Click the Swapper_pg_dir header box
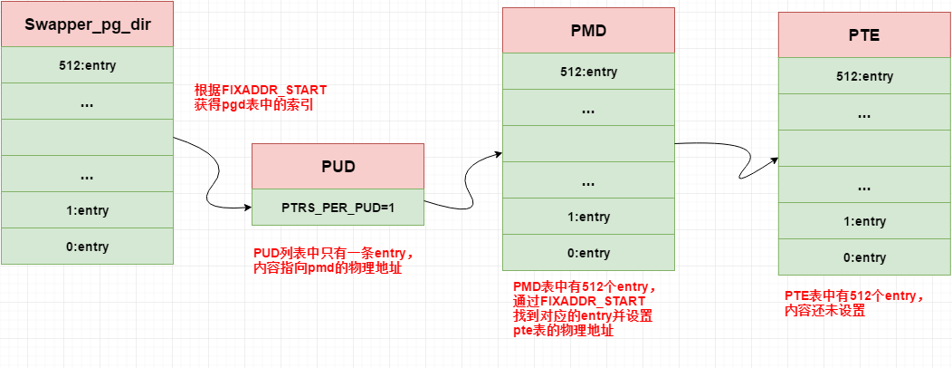coord(87,24)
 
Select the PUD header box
coord(338,167)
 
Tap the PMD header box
coord(588,31)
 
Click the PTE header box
coord(863,35)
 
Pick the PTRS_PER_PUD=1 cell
coord(338,207)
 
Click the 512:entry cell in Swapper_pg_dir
coord(87,65)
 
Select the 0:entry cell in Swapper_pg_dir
coord(87,247)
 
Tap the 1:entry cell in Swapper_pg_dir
coord(87,210)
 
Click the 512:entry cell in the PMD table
coord(588,72)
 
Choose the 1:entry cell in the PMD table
coord(588,217)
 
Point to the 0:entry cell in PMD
coord(588,253)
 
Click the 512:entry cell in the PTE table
coord(863,76)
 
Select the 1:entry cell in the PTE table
coord(863,221)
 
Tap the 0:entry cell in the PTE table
coord(863,257)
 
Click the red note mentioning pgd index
coord(260,98)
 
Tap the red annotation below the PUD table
coord(334,261)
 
